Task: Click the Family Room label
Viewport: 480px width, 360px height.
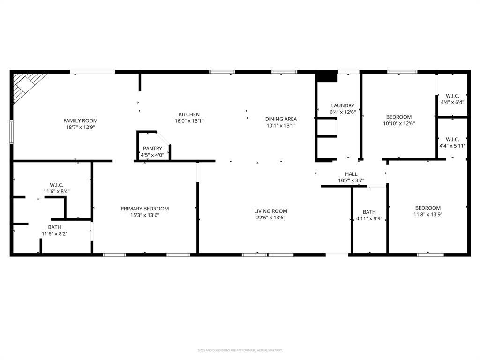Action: (x=81, y=120)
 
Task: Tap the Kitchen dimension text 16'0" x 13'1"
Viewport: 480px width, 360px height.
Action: (x=189, y=121)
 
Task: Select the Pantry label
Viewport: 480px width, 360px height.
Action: (x=152, y=149)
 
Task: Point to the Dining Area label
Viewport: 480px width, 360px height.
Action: (x=281, y=119)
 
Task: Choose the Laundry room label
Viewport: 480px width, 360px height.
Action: (x=343, y=105)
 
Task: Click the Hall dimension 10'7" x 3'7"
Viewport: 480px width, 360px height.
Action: (x=351, y=180)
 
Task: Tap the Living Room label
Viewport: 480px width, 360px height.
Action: (x=270, y=211)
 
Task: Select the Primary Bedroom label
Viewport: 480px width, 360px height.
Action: (x=144, y=209)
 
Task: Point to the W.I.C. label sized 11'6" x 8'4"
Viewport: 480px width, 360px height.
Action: (x=56, y=185)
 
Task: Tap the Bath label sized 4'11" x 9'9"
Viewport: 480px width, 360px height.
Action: (x=369, y=212)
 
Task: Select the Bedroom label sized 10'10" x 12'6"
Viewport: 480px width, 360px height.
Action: (x=398, y=117)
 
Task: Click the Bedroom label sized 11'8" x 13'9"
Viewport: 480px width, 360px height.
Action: (x=427, y=208)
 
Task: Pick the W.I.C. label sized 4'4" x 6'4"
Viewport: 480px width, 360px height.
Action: (x=452, y=96)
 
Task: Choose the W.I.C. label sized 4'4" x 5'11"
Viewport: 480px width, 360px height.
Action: (x=452, y=139)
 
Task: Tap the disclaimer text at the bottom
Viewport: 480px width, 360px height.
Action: (x=240, y=350)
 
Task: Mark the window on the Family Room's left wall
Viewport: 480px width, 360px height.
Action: (x=12, y=131)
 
